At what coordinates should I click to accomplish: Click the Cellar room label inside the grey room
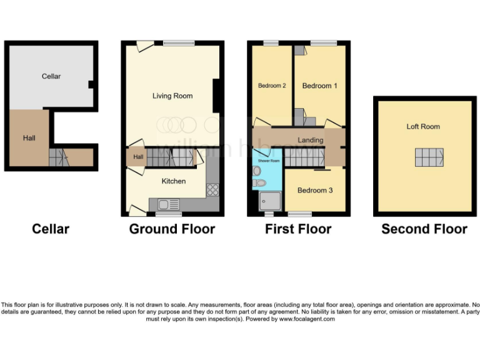tap(51, 76)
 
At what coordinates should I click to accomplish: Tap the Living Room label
tap(172, 96)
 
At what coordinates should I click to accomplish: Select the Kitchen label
tap(174, 181)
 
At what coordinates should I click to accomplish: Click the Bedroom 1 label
tap(320, 86)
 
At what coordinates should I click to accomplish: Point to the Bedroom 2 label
tap(272, 86)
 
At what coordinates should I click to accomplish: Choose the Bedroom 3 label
tap(314, 190)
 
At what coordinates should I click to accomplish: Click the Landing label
tap(311, 140)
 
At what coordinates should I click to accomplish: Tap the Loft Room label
tap(423, 127)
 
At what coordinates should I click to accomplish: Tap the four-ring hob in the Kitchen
tap(212, 190)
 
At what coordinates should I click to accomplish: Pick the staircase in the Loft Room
tap(429, 157)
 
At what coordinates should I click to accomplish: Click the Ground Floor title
tap(172, 229)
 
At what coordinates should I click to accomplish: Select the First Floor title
tap(298, 229)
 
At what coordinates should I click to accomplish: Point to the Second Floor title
tap(424, 229)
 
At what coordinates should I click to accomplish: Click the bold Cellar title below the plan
tap(51, 229)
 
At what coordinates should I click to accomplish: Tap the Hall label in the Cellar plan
tap(29, 137)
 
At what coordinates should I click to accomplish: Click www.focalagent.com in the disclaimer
tap(307, 319)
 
